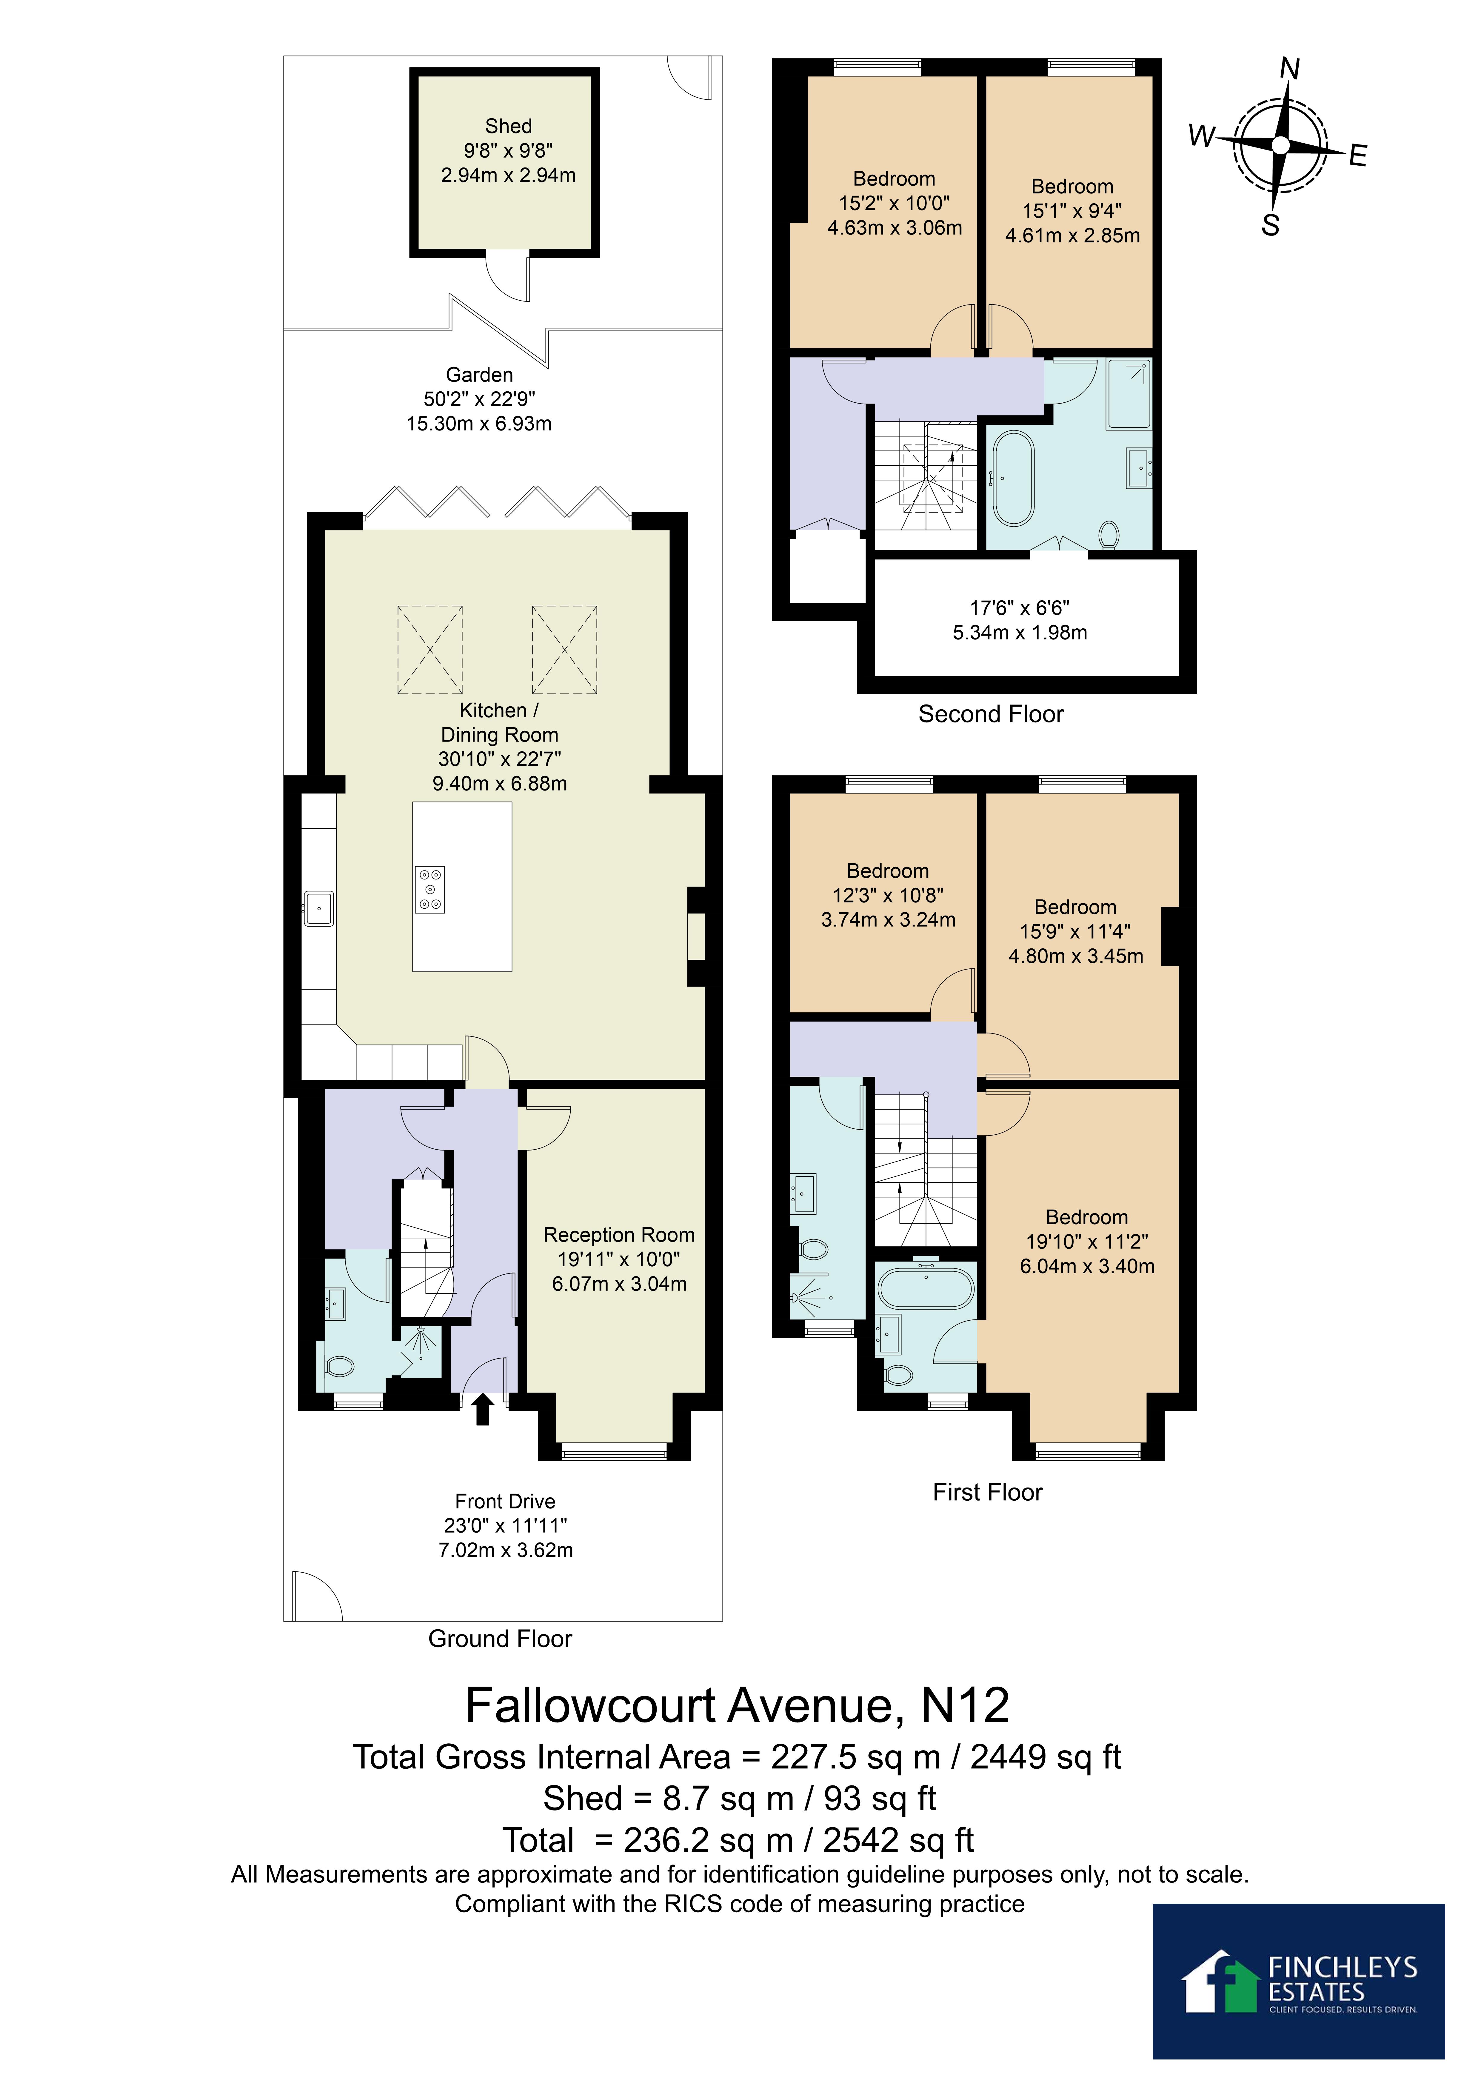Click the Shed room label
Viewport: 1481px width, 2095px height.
point(508,126)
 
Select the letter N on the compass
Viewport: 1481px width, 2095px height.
point(1289,68)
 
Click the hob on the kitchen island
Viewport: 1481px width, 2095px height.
point(431,890)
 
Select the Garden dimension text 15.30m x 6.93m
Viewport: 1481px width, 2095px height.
point(479,423)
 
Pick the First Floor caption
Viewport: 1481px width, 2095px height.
point(987,1492)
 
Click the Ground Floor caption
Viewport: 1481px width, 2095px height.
point(500,1639)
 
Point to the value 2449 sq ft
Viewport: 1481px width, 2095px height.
point(1046,1756)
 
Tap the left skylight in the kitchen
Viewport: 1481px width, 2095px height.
point(430,650)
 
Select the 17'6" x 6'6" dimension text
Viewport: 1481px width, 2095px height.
point(1019,608)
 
